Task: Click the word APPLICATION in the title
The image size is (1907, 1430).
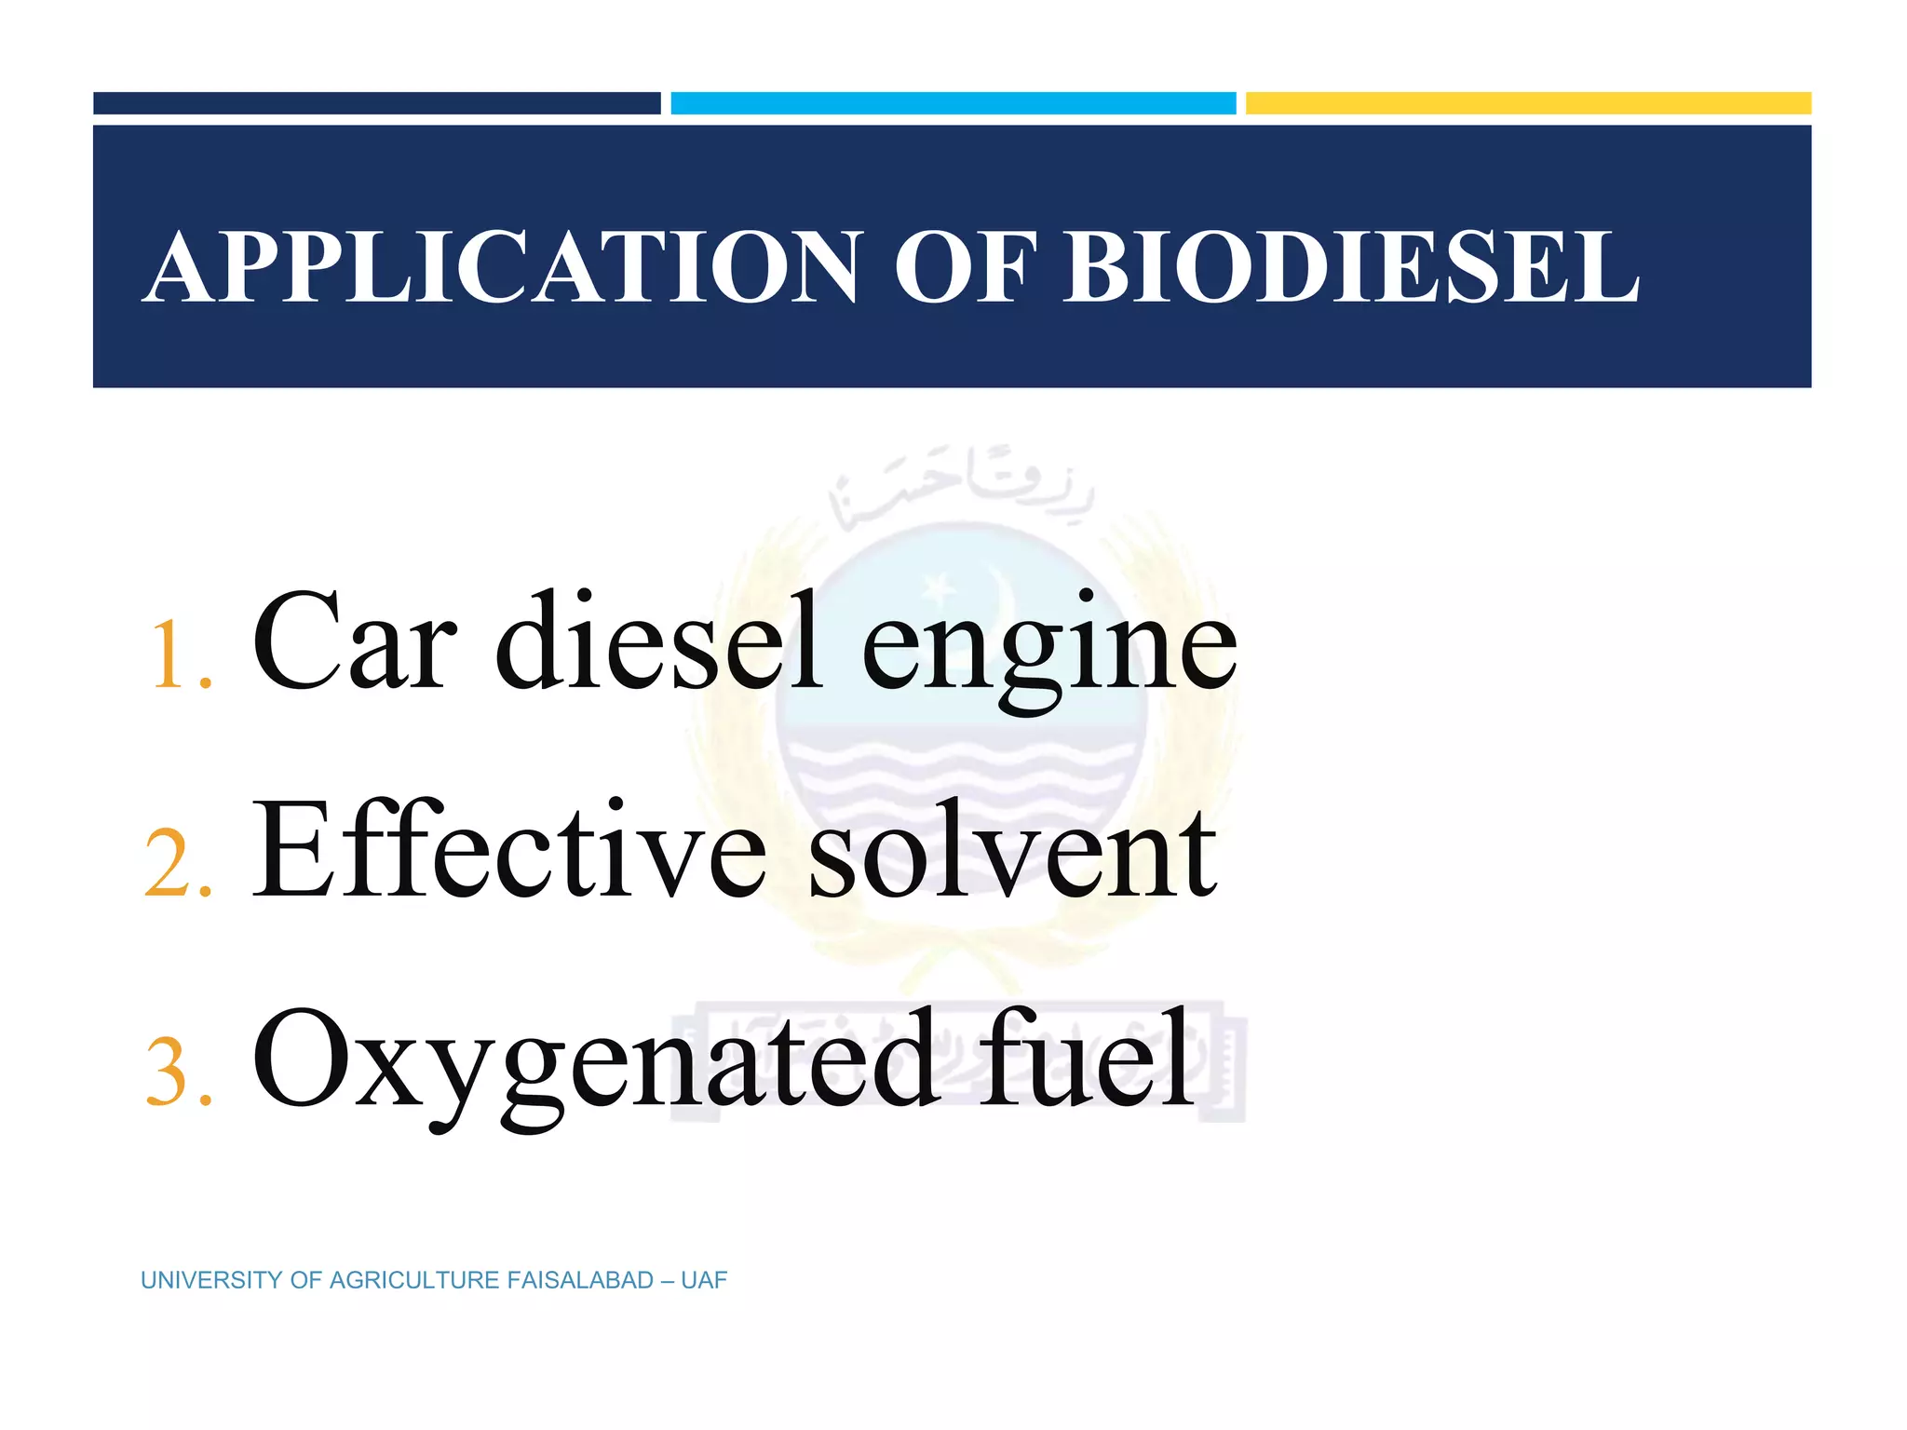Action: pyautogui.click(x=503, y=268)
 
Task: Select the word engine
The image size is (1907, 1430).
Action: pyautogui.click(x=1050, y=652)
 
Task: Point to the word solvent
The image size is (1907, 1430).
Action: pyautogui.click(x=1013, y=852)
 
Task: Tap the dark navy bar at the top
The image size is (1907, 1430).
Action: pyautogui.click(x=376, y=103)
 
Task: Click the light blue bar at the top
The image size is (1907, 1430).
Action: pyautogui.click(x=953, y=103)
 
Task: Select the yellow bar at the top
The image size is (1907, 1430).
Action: pyautogui.click(x=1528, y=103)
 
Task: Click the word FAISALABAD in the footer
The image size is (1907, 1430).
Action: pyautogui.click(x=579, y=1281)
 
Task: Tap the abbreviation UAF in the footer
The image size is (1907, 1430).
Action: pyautogui.click(x=704, y=1281)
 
